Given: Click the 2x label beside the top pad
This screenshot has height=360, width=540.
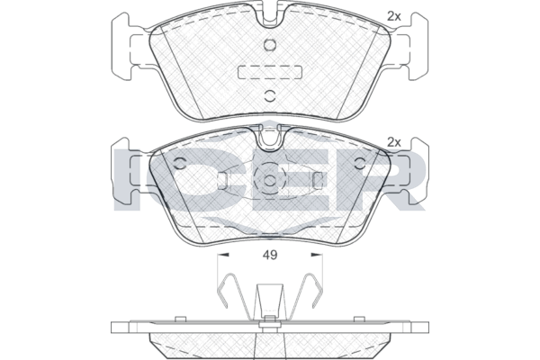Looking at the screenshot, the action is pyautogui.click(x=394, y=16).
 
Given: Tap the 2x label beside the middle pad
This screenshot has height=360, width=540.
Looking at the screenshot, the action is pyautogui.click(x=394, y=142).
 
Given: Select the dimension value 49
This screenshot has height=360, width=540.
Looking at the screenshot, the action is pyautogui.click(x=270, y=255).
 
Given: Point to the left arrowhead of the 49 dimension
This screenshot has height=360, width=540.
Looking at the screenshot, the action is pyautogui.click(x=223, y=255).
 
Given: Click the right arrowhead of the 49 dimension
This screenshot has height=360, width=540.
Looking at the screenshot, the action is pyautogui.click(x=317, y=255).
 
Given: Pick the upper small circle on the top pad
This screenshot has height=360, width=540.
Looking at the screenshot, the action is pyautogui.click(x=270, y=45).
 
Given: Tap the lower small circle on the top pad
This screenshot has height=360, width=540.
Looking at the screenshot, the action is pyautogui.click(x=270, y=96).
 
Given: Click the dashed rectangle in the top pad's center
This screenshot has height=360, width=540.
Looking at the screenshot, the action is pyautogui.click(x=270, y=72).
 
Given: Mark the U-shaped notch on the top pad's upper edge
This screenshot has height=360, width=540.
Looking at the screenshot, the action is pyautogui.click(x=270, y=14).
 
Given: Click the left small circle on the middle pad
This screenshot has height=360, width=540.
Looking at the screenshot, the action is pyautogui.click(x=180, y=163).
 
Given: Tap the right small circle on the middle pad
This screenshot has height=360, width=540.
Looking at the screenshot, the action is pyautogui.click(x=360, y=163).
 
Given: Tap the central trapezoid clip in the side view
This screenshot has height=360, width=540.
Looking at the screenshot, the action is pyautogui.click(x=270, y=301).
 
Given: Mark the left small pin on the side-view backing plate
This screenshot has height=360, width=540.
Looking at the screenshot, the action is pyautogui.click(x=180, y=319).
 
